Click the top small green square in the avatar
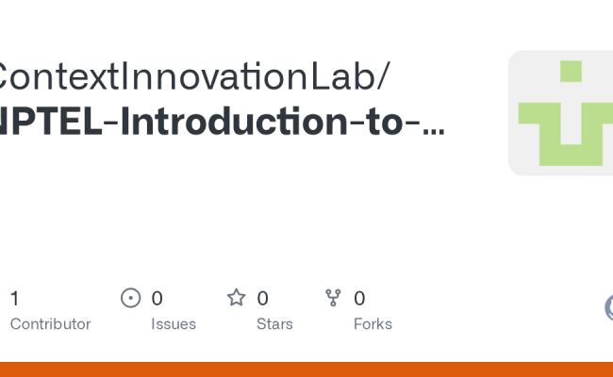click(x=570, y=72)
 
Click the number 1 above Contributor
click(x=14, y=299)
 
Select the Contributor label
click(x=50, y=324)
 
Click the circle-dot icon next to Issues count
click(x=131, y=299)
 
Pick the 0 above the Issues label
click(x=157, y=299)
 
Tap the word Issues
click(x=174, y=324)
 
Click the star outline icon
click(x=236, y=299)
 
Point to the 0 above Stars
click(x=262, y=299)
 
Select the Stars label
click(x=274, y=324)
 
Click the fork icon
click(x=333, y=299)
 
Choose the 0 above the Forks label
click(x=359, y=299)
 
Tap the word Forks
click(x=373, y=324)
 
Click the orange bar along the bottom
click(x=306, y=369)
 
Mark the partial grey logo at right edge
click(x=608, y=307)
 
